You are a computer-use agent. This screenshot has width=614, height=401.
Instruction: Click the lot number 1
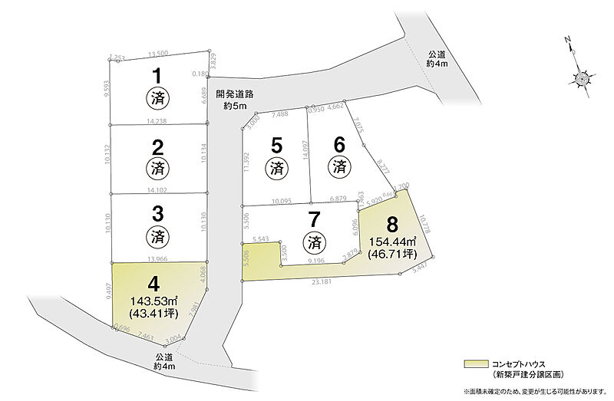click(157, 76)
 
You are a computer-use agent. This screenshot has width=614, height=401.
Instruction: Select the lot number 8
click(392, 225)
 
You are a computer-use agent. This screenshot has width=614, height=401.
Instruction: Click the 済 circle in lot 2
click(157, 166)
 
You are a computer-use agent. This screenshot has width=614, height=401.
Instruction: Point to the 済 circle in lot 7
click(312, 242)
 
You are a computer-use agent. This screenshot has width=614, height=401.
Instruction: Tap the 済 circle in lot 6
click(338, 166)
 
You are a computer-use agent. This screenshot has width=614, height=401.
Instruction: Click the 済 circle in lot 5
click(276, 166)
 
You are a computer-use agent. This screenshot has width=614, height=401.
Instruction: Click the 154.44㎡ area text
click(392, 242)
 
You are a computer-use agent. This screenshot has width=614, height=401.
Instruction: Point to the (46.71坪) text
click(392, 255)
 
